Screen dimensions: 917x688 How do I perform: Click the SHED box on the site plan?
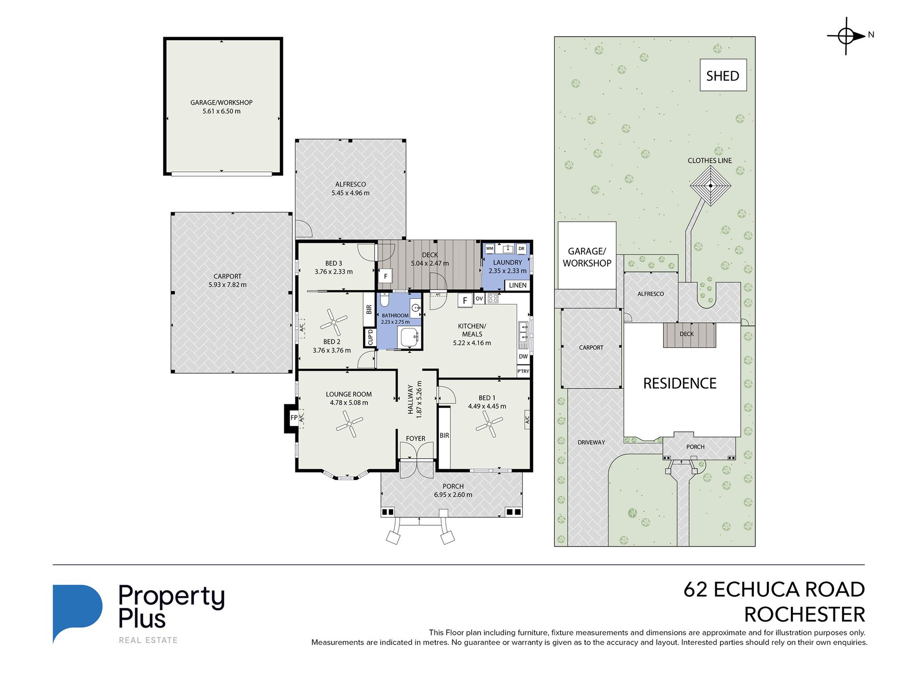[x=723, y=75]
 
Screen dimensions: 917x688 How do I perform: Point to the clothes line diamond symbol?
[x=710, y=185]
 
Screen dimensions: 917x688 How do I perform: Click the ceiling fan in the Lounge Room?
[x=350, y=424]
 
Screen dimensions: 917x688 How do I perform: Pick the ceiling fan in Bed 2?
[x=333, y=322]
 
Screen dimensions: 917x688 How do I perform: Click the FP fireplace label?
[x=294, y=418]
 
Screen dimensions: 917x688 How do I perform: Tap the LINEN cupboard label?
[x=517, y=285]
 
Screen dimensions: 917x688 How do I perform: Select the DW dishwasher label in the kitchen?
[x=523, y=356]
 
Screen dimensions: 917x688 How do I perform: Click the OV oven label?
[x=479, y=299]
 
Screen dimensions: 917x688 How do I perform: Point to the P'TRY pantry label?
[x=523, y=371]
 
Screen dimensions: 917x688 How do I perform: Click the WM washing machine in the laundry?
[x=489, y=249]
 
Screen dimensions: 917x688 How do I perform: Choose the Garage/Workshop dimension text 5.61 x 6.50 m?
[x=222, y=111]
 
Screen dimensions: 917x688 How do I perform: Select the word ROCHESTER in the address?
[x=805, y=615]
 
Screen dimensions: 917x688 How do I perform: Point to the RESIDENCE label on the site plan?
[x=680, y=383]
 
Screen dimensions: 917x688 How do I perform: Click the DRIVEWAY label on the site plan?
[x=591, y=442]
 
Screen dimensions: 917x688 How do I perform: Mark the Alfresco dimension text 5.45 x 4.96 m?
[x=350, y=193]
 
